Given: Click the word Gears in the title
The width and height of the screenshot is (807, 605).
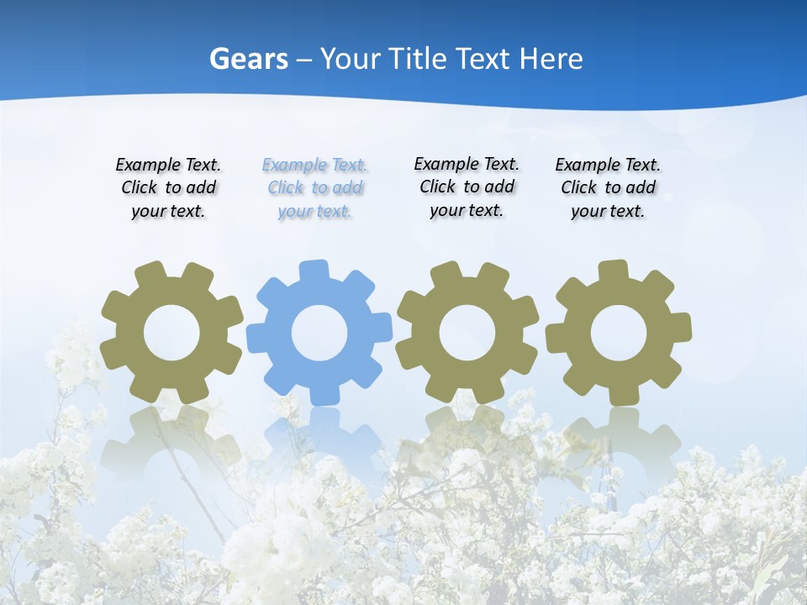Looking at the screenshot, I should pos(248,59).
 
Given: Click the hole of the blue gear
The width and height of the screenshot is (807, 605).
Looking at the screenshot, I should pos(319,334).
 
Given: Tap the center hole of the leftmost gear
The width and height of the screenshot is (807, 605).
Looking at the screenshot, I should pos(171,334).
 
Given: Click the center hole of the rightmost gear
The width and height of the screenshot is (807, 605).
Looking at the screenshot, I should pos(619,334).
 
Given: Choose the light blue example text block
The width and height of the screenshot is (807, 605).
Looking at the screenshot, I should pos(314,188).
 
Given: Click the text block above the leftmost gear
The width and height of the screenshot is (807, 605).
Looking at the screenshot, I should pos(168,188).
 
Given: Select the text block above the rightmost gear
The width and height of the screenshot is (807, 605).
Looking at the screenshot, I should pos(608,188).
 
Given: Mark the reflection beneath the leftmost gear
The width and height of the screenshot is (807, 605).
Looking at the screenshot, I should pos(171,437).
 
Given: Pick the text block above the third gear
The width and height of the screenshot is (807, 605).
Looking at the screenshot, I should pos(467,187).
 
